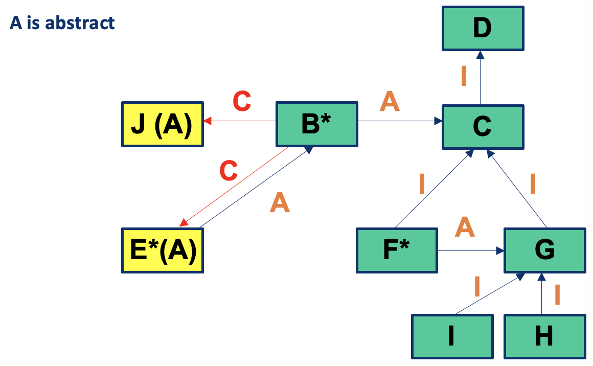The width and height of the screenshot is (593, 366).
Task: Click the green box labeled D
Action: click(483, 28)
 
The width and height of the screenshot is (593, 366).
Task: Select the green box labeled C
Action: click(483, 127)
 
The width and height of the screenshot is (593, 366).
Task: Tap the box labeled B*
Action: click(317, 125)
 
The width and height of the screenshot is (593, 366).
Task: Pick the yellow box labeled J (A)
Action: click(162, 125)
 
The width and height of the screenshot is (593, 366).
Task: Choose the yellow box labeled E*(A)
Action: click(163, 250)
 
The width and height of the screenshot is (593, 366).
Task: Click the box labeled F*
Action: click(397, 250)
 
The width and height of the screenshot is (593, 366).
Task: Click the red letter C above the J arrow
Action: click(242, 101)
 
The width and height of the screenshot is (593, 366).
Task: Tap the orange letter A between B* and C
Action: click(390, 101)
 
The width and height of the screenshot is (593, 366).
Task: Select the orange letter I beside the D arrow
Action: click(463, 76)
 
